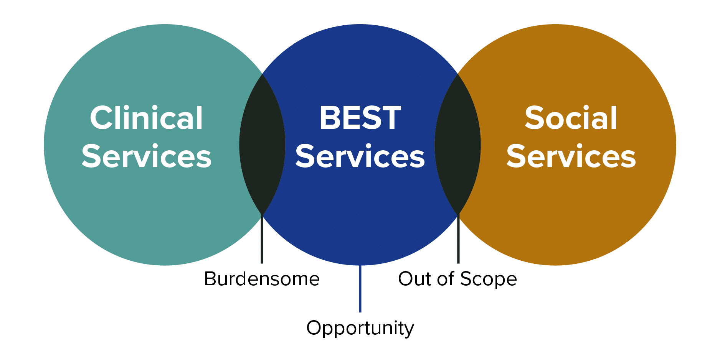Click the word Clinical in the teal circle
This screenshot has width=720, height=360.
click(146, 118)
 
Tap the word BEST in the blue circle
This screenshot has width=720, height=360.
click(360, 118)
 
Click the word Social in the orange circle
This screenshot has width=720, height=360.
click(571, 118)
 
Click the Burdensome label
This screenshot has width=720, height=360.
click(262, 279)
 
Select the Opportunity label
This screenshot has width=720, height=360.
click(360, 328)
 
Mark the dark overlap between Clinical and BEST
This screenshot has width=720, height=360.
click(262, 145)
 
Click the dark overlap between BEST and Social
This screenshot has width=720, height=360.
click(458, 145)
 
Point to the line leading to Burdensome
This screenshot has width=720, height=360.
click(262, 238)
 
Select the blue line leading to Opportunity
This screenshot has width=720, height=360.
click(360, 288)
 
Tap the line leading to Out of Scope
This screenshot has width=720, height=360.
click(458, 238)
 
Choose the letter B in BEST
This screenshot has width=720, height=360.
click(330, 118)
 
